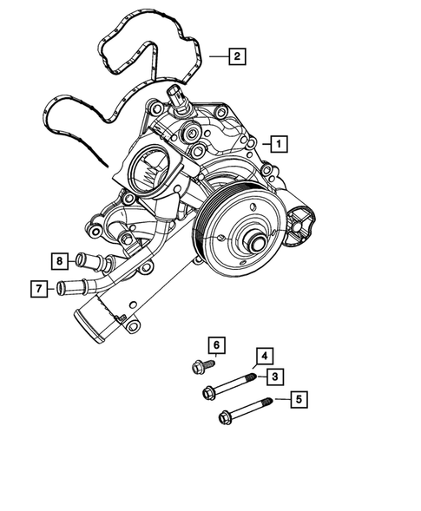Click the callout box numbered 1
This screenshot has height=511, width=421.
277,143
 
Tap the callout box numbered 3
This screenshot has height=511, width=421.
273,376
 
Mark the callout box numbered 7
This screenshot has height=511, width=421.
38,288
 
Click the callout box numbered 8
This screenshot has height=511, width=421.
59,259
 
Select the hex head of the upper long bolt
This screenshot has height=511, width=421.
209,393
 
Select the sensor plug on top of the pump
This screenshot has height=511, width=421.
179,98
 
